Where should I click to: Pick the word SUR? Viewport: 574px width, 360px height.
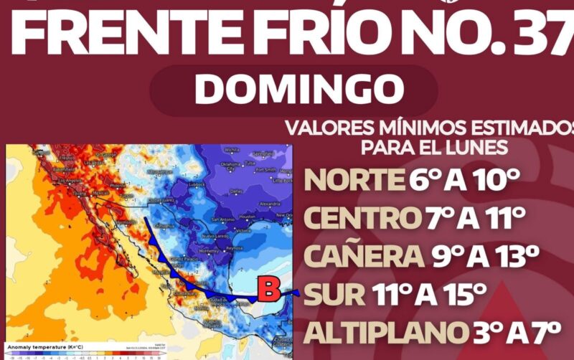[x=331, y=294]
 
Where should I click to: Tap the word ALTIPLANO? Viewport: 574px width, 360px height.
[x=381, y=332]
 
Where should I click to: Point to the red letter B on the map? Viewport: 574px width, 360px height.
[x=268, y=290]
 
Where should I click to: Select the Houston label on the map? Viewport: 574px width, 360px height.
[x=248, y=216]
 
